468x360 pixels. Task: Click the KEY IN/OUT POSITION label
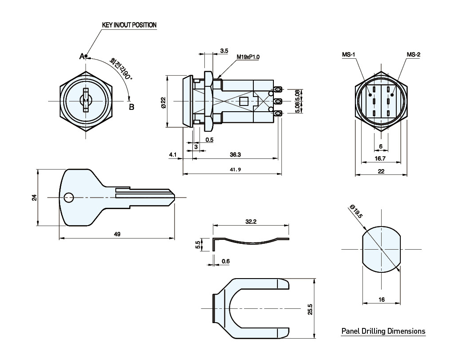point(129,25)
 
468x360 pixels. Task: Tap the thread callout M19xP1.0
point(248,57)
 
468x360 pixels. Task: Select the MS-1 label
point(348,55)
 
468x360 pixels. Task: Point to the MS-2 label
point(413,55)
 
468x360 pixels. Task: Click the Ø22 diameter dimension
point(163,103)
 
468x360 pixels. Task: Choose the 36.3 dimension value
point(236,154)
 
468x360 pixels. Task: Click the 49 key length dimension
point(117,234)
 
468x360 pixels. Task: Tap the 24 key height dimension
point(34,197)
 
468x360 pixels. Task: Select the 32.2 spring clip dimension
point(251,221)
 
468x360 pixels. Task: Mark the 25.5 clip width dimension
point(310,309)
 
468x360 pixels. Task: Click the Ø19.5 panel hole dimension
point(357,211)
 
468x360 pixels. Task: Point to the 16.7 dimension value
point(381,158)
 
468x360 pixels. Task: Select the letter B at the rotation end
point(131,107)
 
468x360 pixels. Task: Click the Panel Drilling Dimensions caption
point(383,331)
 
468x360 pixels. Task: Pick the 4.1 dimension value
point(173,154)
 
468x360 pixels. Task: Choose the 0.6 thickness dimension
point(225,262)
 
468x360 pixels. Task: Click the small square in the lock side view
point(244,101)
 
